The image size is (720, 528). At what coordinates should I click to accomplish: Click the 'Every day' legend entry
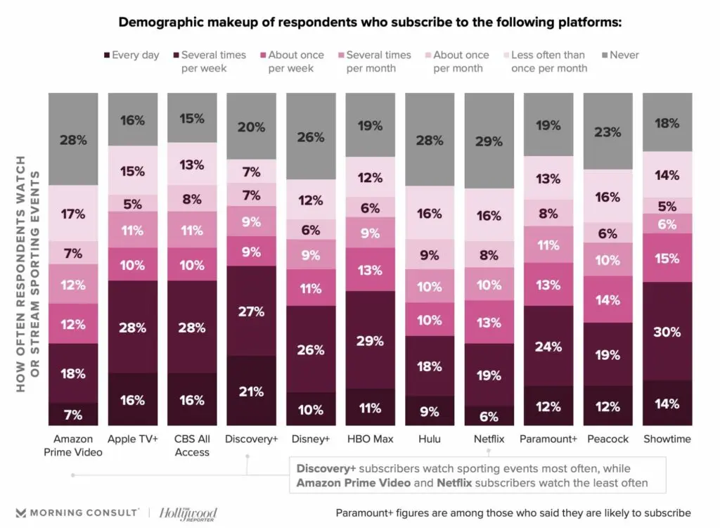pos(132,55)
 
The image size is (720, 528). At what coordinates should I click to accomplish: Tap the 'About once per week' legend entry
pos(291,61)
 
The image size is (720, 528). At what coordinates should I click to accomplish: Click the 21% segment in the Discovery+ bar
pos(250,391)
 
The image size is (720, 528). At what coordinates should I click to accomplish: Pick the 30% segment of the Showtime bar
pos(667,331)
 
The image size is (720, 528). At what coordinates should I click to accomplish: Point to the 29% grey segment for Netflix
pos(488,141)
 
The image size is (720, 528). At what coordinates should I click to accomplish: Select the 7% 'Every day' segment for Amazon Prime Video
pos(72,414)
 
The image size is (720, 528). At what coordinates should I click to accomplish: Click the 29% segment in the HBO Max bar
pos(369,340)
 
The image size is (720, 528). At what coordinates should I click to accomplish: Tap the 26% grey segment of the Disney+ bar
pos(310,137)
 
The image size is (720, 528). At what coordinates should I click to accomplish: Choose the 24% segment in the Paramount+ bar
pos(548,346)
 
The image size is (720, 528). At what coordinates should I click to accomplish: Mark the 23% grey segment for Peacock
pos(607,131)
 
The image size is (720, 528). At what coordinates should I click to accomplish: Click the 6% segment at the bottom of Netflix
pos(488,416)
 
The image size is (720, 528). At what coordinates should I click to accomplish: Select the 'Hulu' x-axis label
pos(429,439)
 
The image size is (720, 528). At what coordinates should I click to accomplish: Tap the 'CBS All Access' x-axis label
pos(191,445)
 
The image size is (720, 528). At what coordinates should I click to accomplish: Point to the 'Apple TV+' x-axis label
pos(132,439)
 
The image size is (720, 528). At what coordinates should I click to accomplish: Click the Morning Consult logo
pos(77,513)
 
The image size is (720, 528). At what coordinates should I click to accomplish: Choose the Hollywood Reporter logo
pos(188,513)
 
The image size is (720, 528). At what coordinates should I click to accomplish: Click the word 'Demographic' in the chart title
pos(157,22)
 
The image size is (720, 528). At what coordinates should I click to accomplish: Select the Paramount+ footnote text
pos(513,513)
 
